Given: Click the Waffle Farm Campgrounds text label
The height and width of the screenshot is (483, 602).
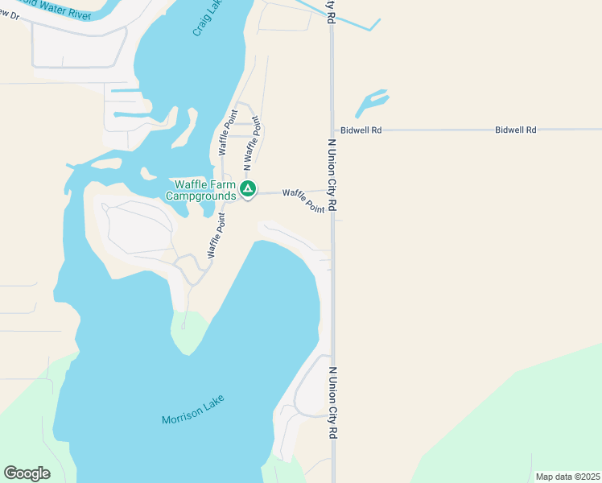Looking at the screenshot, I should point(201,189).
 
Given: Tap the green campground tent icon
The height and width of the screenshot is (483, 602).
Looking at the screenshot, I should point(249,190).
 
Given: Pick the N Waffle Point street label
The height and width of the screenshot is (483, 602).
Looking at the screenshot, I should point(253,144).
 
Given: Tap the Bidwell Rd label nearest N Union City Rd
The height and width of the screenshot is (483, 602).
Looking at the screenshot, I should point(361,130).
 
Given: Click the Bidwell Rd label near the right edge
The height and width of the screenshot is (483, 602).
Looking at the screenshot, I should point(516,130).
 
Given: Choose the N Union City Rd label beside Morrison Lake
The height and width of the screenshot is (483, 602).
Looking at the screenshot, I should point(332,402).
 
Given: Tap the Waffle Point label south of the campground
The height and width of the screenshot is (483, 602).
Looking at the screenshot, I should point(216,235).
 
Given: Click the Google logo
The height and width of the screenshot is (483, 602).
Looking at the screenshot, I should point(27,473).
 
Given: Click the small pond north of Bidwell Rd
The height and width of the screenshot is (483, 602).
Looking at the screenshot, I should point(373,102).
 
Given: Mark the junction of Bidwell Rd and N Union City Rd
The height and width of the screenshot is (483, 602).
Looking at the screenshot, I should point(332,130).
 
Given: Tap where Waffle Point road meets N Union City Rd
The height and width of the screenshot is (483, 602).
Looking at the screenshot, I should point(332,191).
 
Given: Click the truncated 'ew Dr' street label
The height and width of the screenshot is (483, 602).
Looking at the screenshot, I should point(9,18).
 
